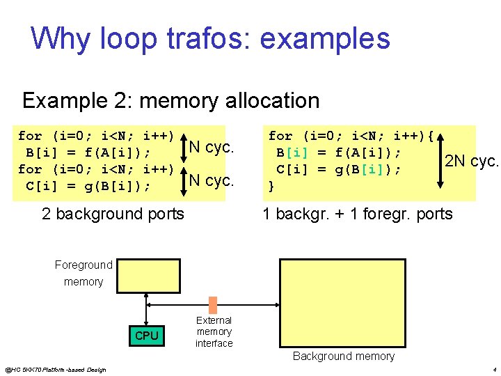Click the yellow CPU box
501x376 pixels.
tap(146, 336)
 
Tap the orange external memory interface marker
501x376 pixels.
tap(213, 305)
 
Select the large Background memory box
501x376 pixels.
tap(343, 303)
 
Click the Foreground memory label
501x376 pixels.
tap(83, 273)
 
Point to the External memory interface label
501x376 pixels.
tap(214, 331)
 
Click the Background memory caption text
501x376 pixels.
tap(343, 356)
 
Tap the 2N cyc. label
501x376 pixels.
tap(472, 162)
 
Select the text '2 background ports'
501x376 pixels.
tap(113, 214)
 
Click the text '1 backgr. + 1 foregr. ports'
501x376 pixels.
tap(357, 214)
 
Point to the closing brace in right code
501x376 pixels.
tap(271, 186)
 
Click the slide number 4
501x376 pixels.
tap(493, 369)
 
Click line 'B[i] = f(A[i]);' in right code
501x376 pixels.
tap(338, 152)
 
